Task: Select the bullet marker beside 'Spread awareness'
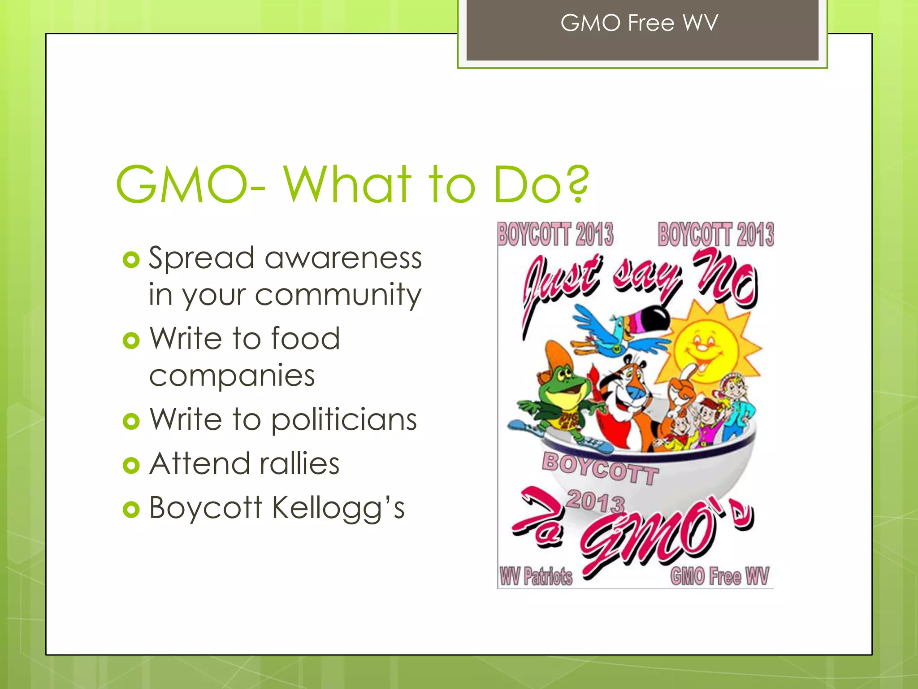pos(131,260)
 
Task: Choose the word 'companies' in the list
pos(232,376)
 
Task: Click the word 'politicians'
pos(344,420)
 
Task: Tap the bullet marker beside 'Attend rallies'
pos(131,465)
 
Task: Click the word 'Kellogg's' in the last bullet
pos(338,508)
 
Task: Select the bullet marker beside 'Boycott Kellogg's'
pos(131,510)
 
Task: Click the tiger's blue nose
pos(636,392)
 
